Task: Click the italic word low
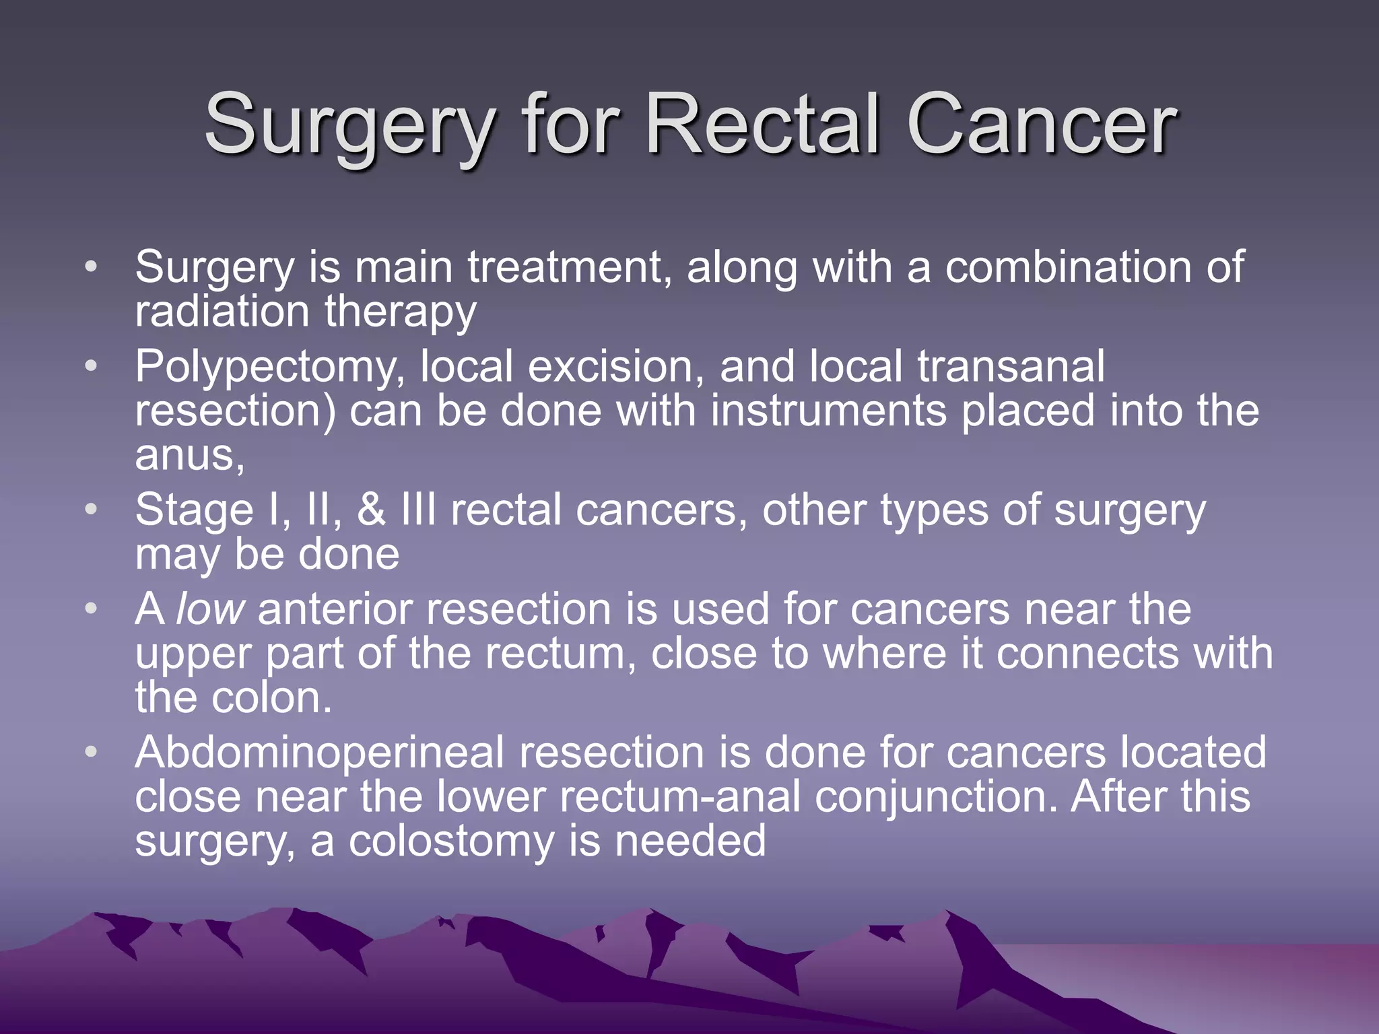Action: [x=209, y=609]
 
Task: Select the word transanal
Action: [x=1011, y=368]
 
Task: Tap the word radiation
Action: [x=222, y=312]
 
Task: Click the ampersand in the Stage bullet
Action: [x=371, y=510]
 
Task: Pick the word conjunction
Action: [x=936, y=797]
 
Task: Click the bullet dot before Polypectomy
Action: [x=92, y=366]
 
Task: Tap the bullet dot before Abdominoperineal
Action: [x=92, y=751]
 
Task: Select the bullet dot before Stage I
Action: [x=92, y=509]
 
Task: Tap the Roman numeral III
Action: [x=418, y=510]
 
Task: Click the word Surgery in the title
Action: [x=350, y=125]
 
